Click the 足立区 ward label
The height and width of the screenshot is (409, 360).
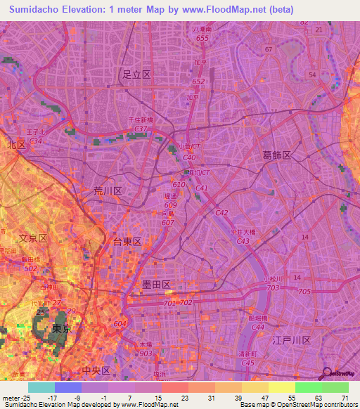tap(136, 74)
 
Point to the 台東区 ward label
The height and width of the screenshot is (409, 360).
tap(127, 241)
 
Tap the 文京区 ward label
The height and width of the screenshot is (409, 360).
tap(32, 238)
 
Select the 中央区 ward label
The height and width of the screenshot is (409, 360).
tap(96, 370)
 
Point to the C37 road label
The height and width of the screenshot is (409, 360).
tap(141, 129)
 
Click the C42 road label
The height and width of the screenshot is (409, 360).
tap(222, 212)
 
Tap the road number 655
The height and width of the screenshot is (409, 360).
tap(202, 38)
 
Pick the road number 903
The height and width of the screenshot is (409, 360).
tap(146, 353)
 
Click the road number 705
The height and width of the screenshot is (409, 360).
tap(304, 291)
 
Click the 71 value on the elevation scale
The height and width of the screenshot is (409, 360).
tap(345, 398)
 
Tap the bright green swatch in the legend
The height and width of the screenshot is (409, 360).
tap(309, 387)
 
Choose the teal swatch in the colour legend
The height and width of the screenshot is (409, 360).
tap(41, 387)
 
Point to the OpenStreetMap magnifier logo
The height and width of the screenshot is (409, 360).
tap(326, 372)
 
